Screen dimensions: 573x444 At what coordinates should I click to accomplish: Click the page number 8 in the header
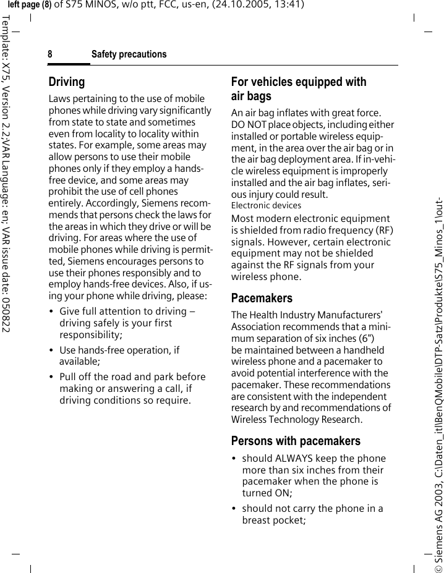coord(50,55)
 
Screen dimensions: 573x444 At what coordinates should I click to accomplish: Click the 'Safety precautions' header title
coord(129,55)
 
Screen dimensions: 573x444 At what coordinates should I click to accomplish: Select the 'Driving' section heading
coord(67,82)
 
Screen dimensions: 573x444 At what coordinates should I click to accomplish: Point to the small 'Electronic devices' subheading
coord(266,205)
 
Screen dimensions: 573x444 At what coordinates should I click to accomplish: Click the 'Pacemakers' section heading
coord(262,298)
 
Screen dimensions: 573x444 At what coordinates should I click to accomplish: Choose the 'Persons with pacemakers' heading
coord(295,441)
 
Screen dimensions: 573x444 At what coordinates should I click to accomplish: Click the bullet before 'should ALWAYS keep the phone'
coord(234,459)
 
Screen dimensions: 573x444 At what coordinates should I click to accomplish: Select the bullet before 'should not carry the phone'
coord(234,509)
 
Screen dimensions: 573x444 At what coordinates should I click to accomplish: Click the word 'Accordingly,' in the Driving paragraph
coord(110,203)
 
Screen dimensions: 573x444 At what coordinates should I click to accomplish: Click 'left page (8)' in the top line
coord(29,5)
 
